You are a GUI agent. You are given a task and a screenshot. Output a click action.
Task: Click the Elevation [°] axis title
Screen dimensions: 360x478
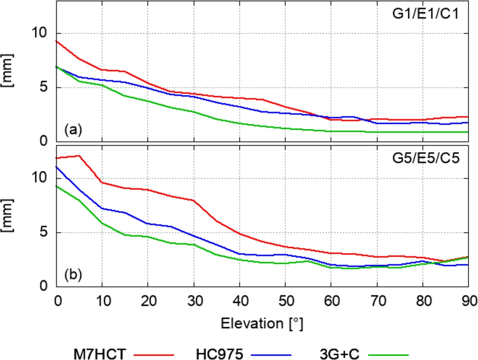pyautogui.click(x=262, y=324)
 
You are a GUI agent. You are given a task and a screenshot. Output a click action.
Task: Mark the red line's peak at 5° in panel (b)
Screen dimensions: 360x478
pyautogui.click(x=79, y=156)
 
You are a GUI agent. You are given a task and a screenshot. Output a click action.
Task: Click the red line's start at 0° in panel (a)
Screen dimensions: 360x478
pyautogui.click(x=56, y=41)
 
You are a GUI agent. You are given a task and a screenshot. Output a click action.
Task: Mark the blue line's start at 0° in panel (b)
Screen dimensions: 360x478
pyautogui.click(x=56, y=167)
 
